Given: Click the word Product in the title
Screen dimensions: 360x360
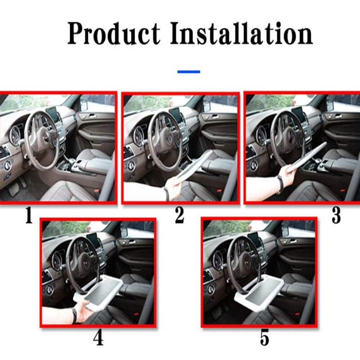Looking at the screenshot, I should point(113,33).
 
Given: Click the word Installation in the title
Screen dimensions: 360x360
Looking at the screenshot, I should point(242,33).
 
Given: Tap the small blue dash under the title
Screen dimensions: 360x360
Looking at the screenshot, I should point(189,72).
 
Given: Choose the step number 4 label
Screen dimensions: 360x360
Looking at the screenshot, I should point(98,338).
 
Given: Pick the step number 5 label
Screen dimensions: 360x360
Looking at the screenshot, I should point(265,338).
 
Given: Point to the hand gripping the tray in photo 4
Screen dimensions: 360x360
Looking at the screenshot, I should point(83,310).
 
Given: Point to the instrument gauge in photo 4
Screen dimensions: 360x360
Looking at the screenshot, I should point(57,260).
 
